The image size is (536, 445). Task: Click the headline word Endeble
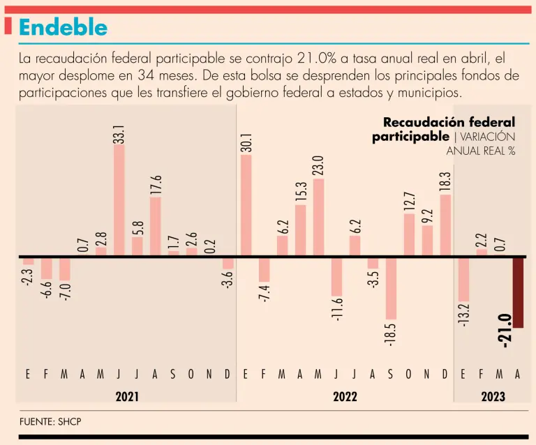[x=64, y=27]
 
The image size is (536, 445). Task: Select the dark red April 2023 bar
[x=518, y=292]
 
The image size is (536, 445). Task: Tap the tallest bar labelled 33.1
[x=119, y=202]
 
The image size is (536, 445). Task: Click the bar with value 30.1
[x=246, y=205]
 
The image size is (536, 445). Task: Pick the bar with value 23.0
[x=318, y=217]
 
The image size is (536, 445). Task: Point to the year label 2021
[x=127, y=397]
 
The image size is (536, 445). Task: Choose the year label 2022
[x=345, y=397]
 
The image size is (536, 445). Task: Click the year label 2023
[x=493, y=397]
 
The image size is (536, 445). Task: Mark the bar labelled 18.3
[x=445, y=225]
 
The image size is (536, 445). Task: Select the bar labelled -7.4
[x=264, y=269]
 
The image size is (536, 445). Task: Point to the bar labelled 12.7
[x=409, y=234]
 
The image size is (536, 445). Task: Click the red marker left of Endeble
[x=8, y=27]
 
